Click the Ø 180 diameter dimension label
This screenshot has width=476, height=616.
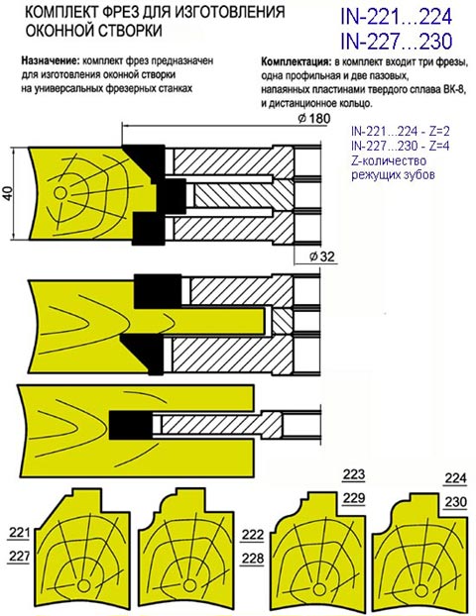313,118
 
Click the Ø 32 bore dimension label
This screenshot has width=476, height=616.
321,257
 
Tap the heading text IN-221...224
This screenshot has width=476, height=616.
396,17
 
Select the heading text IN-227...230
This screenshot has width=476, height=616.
396,42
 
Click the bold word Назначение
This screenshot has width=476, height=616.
51,61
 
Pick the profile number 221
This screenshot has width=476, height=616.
19,533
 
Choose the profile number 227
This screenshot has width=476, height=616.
19,556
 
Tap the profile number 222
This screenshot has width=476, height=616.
253,535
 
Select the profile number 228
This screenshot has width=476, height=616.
253,558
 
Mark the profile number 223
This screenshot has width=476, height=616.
354,474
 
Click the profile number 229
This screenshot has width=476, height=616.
354,498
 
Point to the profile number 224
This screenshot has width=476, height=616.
455,478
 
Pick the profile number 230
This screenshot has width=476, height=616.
455,502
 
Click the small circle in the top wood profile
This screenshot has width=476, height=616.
60,193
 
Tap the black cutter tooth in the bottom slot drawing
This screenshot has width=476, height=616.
130,425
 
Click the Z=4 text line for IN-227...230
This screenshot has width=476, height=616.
400,147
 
